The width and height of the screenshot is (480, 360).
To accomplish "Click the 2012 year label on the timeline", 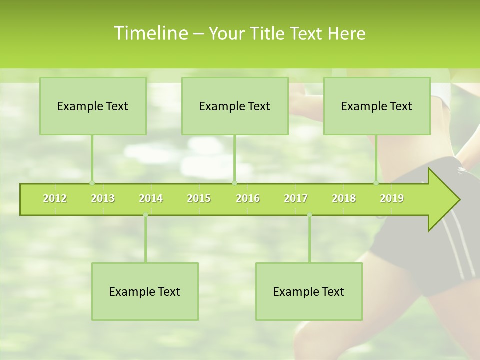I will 55,198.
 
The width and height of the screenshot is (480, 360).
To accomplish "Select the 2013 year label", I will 103,198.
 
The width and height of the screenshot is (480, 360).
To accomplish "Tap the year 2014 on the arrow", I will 151,198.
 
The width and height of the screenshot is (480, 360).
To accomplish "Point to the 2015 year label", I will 199,198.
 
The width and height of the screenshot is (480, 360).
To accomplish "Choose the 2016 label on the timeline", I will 248,198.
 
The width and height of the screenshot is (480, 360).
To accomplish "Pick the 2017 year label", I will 296,198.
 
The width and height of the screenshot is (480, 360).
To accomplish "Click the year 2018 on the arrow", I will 344,198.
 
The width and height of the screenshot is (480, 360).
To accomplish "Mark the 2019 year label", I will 392,198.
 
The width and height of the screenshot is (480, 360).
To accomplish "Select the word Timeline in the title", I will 150,33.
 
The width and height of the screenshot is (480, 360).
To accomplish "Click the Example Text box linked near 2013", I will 93,106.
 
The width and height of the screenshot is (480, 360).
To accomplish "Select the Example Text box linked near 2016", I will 235,106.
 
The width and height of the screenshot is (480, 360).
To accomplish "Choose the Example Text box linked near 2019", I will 377,106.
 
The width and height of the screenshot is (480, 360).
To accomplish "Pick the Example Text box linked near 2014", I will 145,291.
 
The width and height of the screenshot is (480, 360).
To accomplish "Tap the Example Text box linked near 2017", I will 309,291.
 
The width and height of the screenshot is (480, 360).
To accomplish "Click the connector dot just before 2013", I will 92,183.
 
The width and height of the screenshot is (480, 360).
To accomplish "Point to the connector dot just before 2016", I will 234,183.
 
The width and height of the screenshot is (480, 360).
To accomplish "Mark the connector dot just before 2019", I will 376,183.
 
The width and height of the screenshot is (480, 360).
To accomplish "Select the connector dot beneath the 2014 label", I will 145,215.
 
